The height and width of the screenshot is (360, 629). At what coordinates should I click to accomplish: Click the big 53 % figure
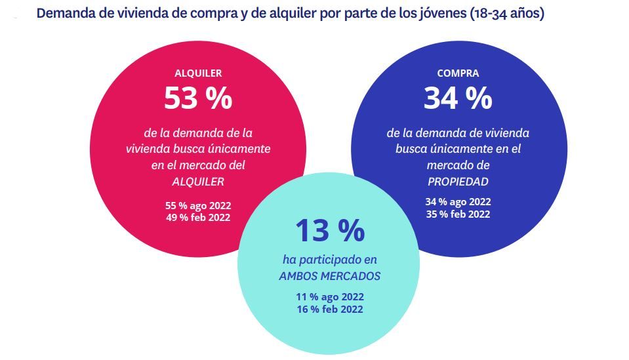point(197,98)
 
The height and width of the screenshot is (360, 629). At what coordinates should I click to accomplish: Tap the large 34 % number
point(458,98)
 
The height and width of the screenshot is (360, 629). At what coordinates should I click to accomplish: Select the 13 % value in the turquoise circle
point(329,231)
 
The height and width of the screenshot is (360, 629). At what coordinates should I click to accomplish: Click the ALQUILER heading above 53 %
point(198,73)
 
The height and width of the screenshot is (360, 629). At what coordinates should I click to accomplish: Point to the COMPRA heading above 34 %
point(458,73)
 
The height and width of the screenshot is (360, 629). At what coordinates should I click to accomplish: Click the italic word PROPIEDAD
point(457,180)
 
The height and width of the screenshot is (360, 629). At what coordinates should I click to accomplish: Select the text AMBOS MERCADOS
point(329,276)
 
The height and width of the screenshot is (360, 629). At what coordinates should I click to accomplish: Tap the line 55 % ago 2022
point(197,205)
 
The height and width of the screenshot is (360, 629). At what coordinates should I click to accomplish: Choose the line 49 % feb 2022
point(197,217)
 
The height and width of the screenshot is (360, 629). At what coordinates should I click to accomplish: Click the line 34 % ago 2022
point(458,201)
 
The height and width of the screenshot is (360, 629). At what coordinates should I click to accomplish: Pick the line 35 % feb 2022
point(458,214)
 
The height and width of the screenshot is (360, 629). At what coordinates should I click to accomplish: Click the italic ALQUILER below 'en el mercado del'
point(197,182)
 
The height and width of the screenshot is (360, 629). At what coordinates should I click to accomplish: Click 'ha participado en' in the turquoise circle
point(329,260)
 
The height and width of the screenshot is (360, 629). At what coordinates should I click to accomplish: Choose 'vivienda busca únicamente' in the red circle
point(197,149)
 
